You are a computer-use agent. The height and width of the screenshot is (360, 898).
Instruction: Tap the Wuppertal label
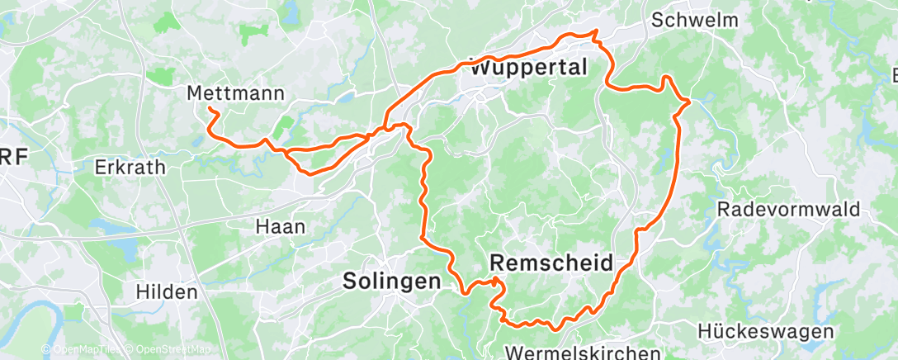[x=528, y=69]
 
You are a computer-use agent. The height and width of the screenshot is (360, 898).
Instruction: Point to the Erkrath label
[x=130, y=167]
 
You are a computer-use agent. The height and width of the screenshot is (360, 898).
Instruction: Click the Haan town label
[x=281, y=226]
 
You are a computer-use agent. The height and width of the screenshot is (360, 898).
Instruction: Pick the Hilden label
[x=168, y=291]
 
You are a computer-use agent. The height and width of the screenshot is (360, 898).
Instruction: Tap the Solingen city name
[x=391, y=282]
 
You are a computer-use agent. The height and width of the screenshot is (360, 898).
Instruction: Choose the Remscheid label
[x=551, y=263]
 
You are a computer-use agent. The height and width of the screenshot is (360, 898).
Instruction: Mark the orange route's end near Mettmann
[x=209, y=109]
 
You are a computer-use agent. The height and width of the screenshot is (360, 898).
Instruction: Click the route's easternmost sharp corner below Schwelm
[x=690, y=102]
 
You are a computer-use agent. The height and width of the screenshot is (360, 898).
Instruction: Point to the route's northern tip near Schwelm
[x=595, y=31]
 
